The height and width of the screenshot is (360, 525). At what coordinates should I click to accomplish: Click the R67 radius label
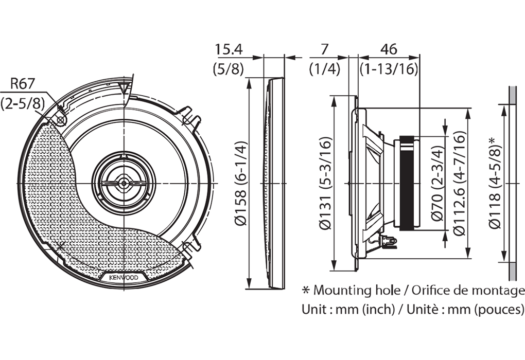tap(23, 84)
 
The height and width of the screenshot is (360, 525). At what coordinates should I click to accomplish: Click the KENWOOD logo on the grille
tap(124, 277)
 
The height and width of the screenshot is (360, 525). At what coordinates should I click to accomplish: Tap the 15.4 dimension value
tap(229, 49)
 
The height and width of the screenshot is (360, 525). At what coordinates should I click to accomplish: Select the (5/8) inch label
tap(229, 69)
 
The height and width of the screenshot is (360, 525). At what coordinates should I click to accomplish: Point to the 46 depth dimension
tap(389, 49)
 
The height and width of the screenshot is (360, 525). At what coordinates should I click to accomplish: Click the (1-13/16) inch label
tap(389, 69)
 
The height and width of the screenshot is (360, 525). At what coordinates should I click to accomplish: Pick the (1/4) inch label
tap(324, 69)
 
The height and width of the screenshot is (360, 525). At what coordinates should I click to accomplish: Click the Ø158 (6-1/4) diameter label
tap(241, 184)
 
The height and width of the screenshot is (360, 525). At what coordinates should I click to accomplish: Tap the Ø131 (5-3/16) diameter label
tap(325, 184)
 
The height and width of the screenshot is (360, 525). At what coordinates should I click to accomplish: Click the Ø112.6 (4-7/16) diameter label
tap(459, 184)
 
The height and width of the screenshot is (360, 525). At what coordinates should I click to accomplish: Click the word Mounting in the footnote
tap(342, 291)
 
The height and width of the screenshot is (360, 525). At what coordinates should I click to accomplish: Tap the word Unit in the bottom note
tap(314, 310)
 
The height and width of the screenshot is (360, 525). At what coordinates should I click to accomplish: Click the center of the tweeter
tap(124, 183)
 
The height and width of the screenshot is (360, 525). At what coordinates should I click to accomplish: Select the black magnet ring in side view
tap(407, 183)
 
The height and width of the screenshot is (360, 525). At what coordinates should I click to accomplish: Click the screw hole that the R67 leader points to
tap(60, 120)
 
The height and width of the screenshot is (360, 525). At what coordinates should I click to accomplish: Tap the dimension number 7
tap(324, 49)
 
